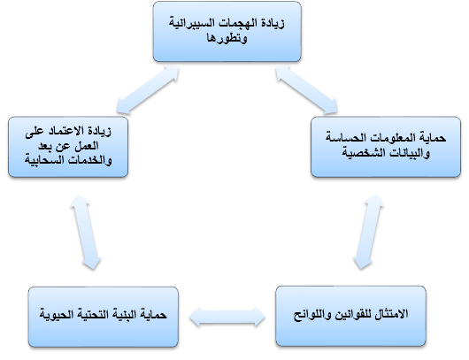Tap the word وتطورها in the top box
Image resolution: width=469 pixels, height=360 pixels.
pos(227,38)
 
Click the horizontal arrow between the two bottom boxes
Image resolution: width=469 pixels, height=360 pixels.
pos(227,317)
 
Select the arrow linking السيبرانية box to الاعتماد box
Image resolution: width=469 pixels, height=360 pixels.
pos(148,90)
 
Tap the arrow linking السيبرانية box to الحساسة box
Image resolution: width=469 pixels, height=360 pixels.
pos(306,90)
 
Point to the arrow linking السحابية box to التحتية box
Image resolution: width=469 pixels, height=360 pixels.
pos(86,233)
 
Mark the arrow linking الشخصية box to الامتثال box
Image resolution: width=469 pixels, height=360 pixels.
pos(368,232)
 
